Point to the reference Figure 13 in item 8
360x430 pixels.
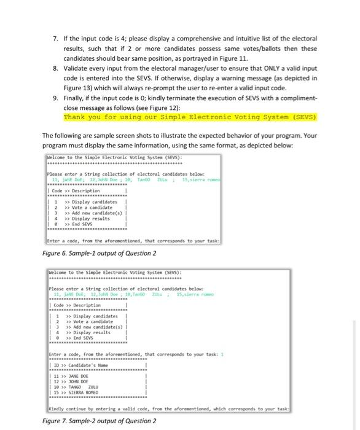pyautogui.click(x=80, y=88)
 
